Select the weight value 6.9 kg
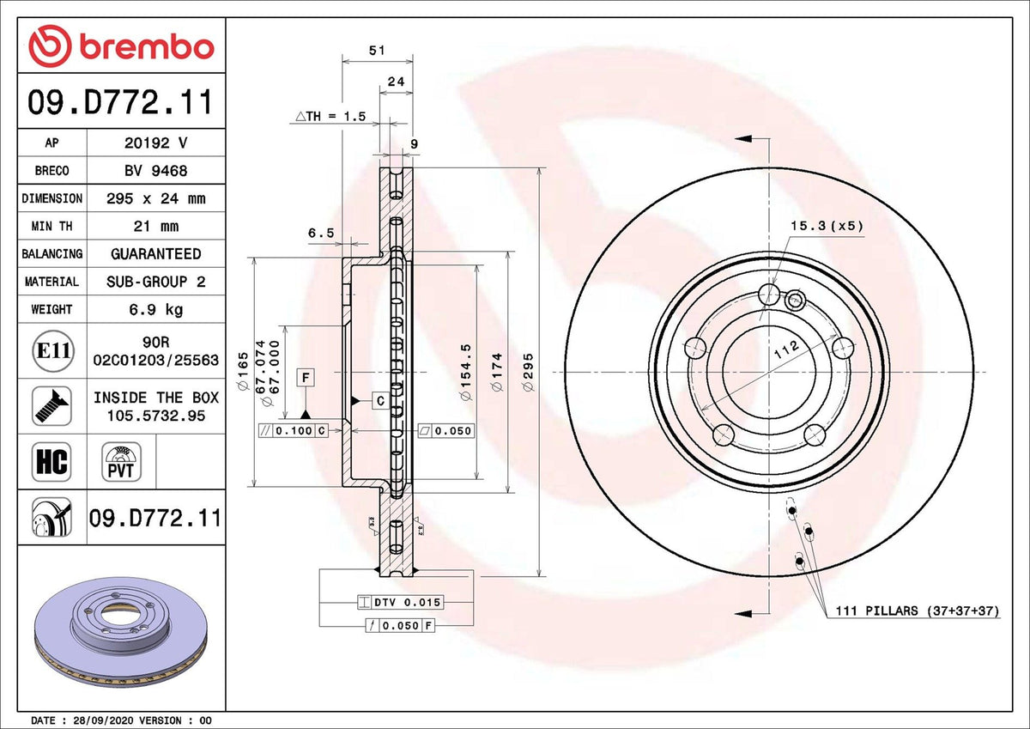coord(154,309)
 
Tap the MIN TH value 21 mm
coord(154,227)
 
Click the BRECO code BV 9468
coord(154,171)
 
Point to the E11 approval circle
coord(52,351)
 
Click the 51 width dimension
coord(376,51)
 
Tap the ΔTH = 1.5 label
coord(330,116)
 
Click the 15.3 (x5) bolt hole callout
coord(827,226)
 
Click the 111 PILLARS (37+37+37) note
coord(918,611)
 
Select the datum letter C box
coord(379,400)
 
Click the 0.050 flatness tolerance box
coord(445,430)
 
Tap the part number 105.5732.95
coord(154,416)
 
